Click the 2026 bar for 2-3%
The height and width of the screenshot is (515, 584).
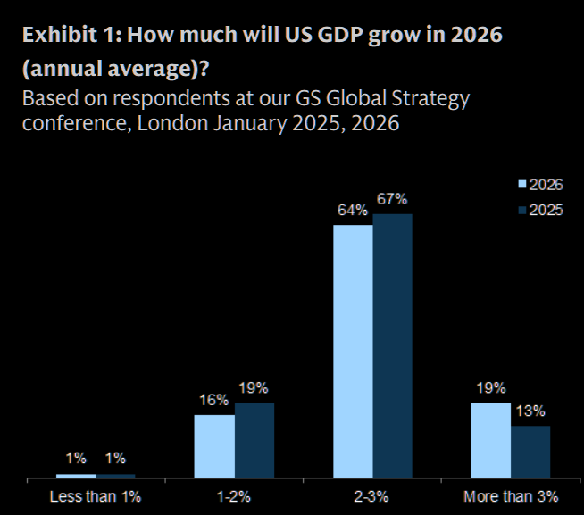(353, 351)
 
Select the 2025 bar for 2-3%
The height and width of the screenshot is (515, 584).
(392, 345)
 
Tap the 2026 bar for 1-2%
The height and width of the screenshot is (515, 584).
(213, 446)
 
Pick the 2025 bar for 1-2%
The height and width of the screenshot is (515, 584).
(254, 440)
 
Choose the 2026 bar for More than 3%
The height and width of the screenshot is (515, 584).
(490, 440)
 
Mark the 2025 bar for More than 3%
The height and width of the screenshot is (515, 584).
(530, 452)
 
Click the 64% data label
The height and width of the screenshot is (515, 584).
(353, 211)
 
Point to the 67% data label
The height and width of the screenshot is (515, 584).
(392, 199)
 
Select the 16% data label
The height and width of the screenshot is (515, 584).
(213, 401)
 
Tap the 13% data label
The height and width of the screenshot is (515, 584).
(530, 411)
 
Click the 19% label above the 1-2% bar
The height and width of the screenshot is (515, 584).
(254, 388)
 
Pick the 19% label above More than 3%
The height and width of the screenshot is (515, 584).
(490, 388)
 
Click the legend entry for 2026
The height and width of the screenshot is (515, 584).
(541, 185)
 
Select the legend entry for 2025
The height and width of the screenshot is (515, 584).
(541, 210)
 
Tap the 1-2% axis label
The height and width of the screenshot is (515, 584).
(234, 494)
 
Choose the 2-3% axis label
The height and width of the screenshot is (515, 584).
(372, 494)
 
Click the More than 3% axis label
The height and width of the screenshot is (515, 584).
(511, 494)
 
